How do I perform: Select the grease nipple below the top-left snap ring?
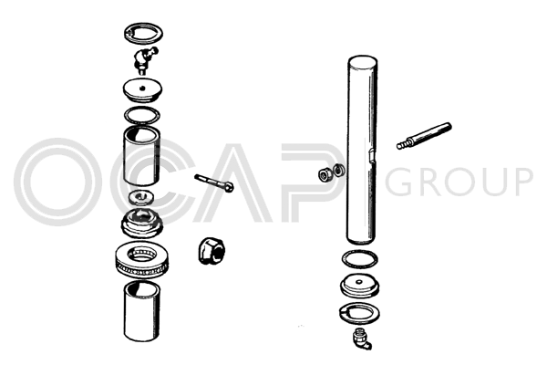[144, 59]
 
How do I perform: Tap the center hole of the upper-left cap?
[142, 88]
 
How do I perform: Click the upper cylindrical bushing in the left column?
[142, 156]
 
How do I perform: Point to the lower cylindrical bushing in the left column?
[142, 311]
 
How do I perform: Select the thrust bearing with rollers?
[142, 260]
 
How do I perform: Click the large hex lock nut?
[211, 250]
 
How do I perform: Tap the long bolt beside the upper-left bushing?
[214, 182]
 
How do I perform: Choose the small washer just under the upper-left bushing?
[141, 197]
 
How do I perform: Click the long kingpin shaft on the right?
[362, 150]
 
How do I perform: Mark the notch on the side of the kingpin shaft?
[372, 156]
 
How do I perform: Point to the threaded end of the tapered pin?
[404, 144]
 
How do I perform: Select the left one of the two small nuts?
[325, 174]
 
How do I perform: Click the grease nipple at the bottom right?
[361, 339]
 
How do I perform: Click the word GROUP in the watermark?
[459, 182]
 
